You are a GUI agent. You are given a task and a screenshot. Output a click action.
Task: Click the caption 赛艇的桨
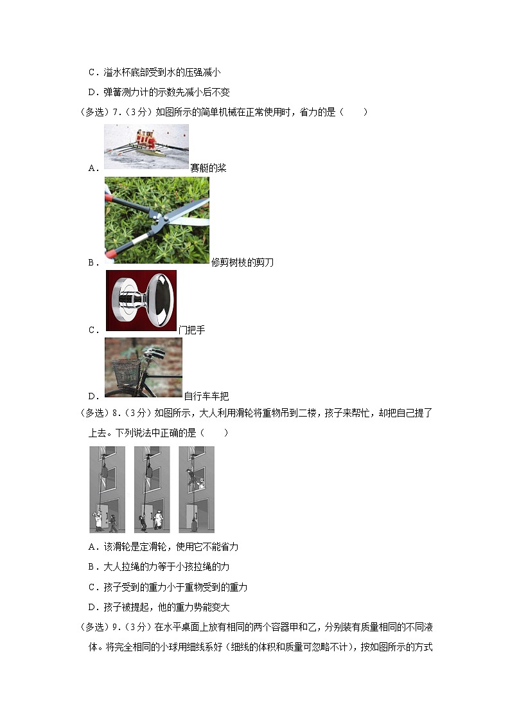[x=208, y=168]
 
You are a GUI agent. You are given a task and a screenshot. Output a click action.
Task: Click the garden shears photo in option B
[x=157, y=220]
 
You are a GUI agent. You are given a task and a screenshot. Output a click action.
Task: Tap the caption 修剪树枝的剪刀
[x=242, y=262]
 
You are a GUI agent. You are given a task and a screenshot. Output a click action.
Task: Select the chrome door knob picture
[x=141, y=300]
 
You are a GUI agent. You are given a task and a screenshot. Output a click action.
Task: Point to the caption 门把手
[x=191, y=330]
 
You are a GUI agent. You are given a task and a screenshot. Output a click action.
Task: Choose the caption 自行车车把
[x=206, y=396]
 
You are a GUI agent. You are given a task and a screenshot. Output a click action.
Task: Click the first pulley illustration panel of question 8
[x=107, y=489]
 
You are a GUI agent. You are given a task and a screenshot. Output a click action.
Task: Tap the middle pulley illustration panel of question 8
[x=152, y=489]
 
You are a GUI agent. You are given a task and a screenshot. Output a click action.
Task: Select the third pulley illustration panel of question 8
[x=197, y=489]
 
